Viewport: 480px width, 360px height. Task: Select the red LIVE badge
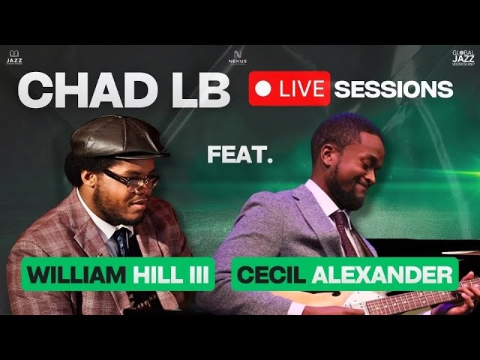coord(289,88)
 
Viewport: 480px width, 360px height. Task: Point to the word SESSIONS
coord(393,88)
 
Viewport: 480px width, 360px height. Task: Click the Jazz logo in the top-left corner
coord(14,56)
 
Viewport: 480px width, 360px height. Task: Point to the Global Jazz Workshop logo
coord(462,57)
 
